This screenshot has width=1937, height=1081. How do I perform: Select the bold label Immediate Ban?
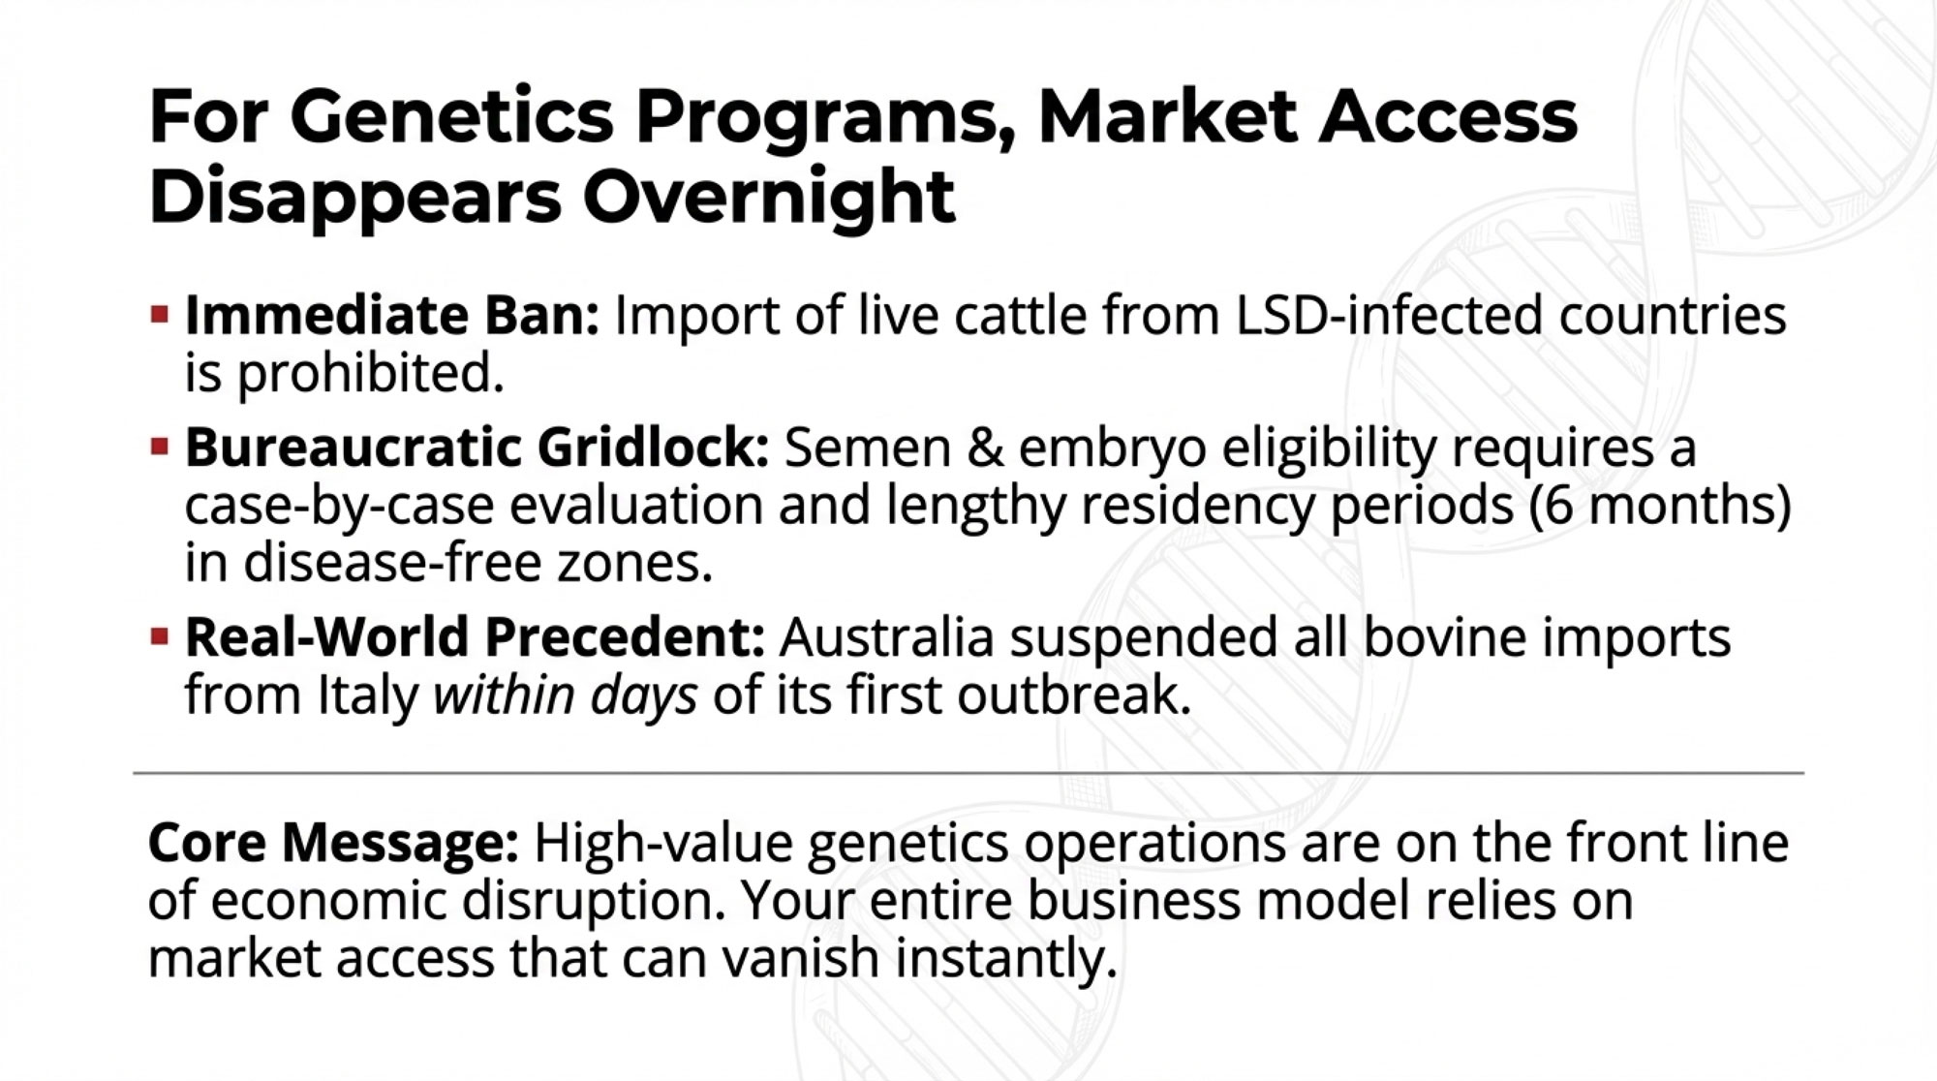tap(392, 316)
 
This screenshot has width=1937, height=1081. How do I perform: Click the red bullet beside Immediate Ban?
tap(160, 315)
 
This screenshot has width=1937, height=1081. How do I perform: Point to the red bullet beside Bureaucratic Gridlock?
tap(160, 448)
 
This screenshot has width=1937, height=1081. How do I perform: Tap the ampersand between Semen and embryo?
tap(985, 448)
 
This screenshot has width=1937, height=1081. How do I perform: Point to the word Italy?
tap(369, 695)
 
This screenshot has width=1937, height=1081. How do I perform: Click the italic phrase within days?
tap(566, 695)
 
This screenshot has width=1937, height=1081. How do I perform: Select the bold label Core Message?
tap(333, 842)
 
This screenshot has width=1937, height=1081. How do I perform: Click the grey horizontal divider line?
tap(968, 773)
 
